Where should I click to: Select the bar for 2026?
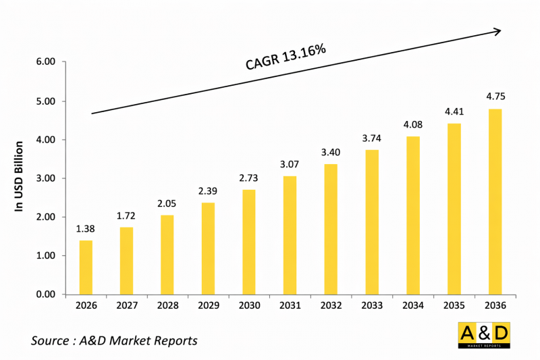click(86, 267)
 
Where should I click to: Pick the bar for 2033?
click(371, 222)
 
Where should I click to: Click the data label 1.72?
click(127, 215)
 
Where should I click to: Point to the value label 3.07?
click(290, 163)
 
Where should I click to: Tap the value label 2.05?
click(167, 203)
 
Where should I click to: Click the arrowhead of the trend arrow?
click(497, 30)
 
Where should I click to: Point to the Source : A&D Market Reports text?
click(114, 340)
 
